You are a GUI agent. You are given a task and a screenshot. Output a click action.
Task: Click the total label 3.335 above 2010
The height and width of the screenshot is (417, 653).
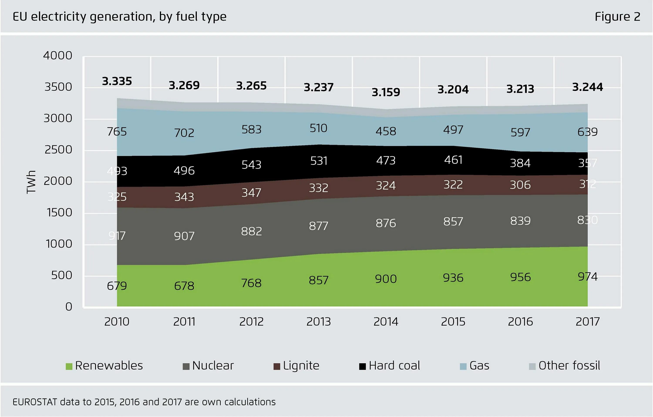click(117, 81)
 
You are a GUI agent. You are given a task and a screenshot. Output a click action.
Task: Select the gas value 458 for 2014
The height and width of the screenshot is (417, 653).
click(386, 131)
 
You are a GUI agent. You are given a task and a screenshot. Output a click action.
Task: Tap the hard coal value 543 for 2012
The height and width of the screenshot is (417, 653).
click(251, 165)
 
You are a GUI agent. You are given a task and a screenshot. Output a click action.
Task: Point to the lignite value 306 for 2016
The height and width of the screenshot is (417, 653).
click(520, 185)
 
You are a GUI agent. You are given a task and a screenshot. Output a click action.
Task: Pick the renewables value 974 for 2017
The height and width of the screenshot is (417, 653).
click(587, 277)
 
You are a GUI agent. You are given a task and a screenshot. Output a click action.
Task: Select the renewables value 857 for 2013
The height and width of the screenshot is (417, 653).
click(318, 280)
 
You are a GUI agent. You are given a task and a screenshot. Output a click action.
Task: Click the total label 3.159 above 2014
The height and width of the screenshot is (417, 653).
click(386, 92)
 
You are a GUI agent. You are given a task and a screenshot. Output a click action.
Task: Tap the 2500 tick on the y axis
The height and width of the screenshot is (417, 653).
click(58, 150)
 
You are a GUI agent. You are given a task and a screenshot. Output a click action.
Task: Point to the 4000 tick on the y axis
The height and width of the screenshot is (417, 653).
click(58, 56)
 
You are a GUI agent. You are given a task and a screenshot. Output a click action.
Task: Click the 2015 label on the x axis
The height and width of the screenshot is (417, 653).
click(453, 322)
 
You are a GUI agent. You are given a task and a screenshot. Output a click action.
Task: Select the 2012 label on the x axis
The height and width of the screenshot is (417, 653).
click(251, 322)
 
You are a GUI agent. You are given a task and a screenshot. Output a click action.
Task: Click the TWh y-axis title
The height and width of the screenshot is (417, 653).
click(31, 182)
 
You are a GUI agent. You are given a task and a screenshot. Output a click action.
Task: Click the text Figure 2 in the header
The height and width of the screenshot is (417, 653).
click(618, 17)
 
